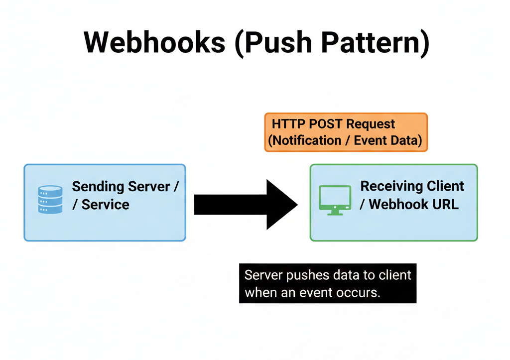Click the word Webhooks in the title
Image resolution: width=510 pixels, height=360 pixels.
click(154, 42)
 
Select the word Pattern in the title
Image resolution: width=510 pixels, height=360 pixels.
click(371, 42)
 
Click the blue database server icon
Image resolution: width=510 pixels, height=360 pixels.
click(50, 199)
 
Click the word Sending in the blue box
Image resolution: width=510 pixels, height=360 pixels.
click(98, 187)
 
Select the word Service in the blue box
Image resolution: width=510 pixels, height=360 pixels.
click(106, 205)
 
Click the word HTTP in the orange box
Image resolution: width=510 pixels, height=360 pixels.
click(288, 124)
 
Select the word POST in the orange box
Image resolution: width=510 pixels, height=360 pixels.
click(325, 124)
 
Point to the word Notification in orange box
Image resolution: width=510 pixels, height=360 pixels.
click(307, 140)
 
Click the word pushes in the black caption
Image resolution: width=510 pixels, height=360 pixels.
click(305, 275)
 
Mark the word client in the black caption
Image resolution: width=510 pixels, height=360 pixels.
click(395, 275)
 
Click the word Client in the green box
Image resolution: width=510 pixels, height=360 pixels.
click(445, 186)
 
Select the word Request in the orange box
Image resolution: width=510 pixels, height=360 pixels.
click(371, 124)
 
